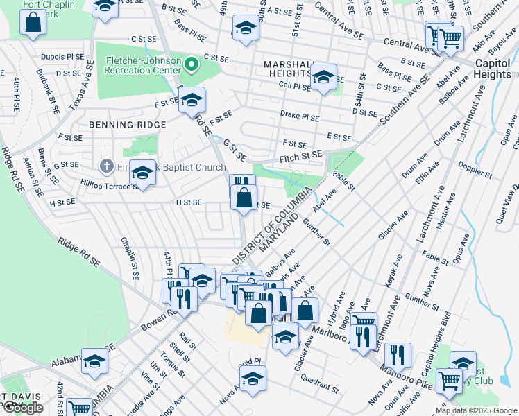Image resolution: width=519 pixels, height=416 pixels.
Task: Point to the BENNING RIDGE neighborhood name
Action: click(127, 125)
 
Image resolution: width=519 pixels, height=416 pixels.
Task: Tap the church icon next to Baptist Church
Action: click(106, 166)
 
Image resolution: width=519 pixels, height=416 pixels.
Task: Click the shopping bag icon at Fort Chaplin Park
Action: click(33, 22)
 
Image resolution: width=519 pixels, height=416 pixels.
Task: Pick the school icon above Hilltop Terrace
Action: click(142, 173)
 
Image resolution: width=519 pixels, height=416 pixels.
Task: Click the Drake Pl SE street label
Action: click(299, 118)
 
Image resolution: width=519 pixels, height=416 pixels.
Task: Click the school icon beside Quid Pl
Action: click(253, 379)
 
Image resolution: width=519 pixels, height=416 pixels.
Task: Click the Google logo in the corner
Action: click(23, 408)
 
